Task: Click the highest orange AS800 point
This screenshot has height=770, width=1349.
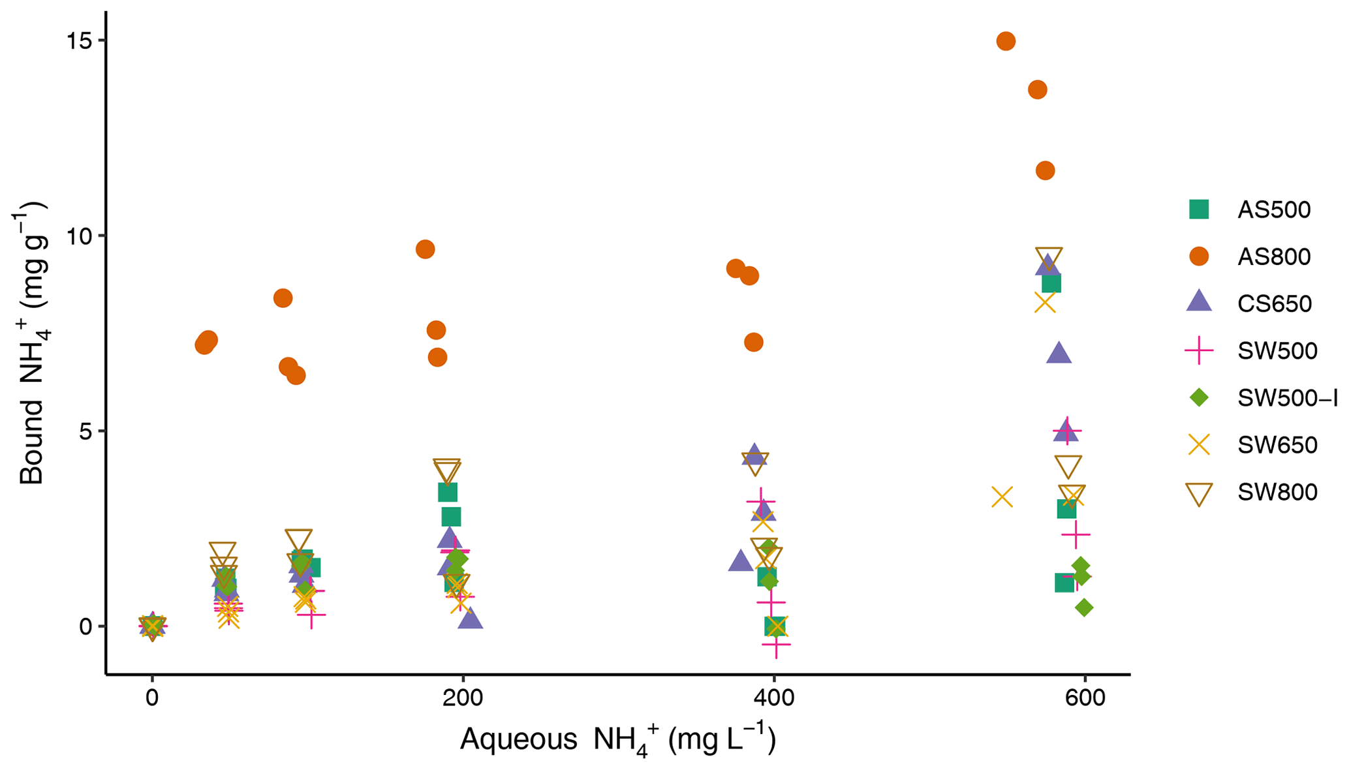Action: (1006, 41)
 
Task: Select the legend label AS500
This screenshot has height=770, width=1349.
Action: (1274, 209)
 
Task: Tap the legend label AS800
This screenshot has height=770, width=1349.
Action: (1274, 256)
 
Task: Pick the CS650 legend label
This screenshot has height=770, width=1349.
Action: (1275, 303)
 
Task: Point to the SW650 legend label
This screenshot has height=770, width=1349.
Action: (1277, 445)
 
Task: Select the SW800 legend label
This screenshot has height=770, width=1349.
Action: (1277, 492)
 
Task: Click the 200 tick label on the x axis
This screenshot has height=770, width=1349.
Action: (463, 698)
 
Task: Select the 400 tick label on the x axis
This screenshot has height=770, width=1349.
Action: (774, 698)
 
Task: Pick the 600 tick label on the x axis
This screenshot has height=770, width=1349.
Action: (1085, 698)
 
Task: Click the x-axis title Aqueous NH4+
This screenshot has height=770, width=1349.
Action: (617, 741)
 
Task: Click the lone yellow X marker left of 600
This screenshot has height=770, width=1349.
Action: (1002, 497)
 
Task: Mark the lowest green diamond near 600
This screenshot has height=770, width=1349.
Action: (1083, 608)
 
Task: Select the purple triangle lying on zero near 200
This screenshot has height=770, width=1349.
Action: (470, 619)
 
